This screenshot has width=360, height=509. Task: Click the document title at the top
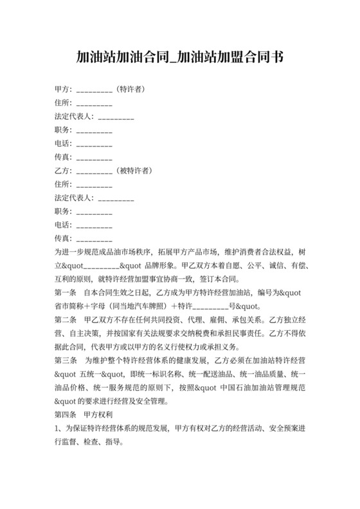(x=179, y=57)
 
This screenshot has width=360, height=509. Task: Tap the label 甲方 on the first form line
(x=64, y=89)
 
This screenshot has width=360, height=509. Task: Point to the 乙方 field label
(x=64, y=171)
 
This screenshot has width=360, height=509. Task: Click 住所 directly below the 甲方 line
(x=64, y=102)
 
